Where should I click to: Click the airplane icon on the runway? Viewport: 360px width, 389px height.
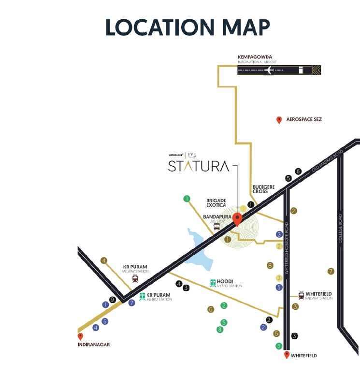(x=270, y=70)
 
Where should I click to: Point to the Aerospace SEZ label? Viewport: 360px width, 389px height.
(x=304, y=119)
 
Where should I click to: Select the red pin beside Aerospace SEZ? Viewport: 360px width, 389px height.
(x=279, y=120)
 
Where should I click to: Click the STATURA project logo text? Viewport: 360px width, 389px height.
(x=199, y=166)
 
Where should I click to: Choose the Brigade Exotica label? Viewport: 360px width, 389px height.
(x=216, y=202)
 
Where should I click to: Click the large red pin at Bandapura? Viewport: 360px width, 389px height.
(x=237, y=219)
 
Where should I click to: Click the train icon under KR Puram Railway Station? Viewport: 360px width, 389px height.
(x=135, y=278)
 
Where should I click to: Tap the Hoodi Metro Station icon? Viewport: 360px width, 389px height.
(x=213, y=283)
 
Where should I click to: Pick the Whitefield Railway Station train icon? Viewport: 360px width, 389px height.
(x=301, y=295)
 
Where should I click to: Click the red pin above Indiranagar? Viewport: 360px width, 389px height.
(x=80, y=336)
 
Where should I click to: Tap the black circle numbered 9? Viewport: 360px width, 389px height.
(x=112, y=300)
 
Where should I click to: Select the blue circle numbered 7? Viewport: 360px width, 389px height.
(x=131, y=303)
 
